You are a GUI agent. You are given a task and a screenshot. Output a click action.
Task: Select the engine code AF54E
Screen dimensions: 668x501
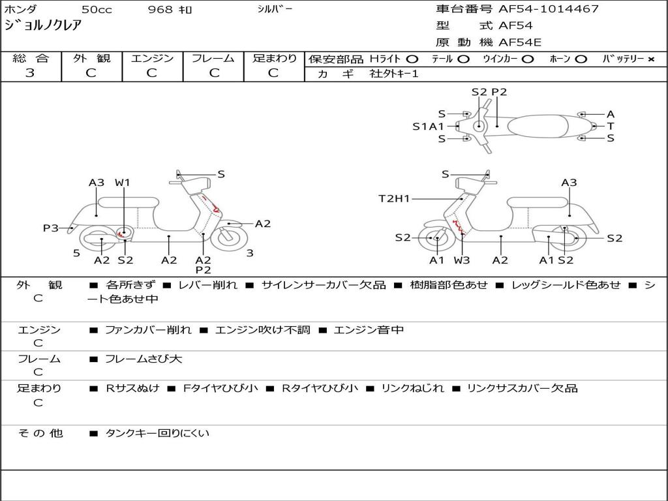coord(520,43)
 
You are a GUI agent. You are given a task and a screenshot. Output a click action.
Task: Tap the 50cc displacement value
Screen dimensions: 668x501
coord(96,10)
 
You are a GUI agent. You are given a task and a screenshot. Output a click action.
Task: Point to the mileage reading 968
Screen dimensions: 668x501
coord(160,10)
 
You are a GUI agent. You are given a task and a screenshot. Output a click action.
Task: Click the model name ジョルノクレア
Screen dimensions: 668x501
coord(42,26)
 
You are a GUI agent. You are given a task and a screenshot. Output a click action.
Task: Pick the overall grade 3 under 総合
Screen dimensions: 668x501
coord(30,73)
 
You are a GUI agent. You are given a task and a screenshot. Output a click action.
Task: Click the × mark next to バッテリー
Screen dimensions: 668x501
coord(650,59)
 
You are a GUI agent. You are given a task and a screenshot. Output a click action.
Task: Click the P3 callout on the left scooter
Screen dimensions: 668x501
coord(51,228)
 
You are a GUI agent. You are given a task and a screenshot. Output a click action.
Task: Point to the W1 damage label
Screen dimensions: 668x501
coord(123,183)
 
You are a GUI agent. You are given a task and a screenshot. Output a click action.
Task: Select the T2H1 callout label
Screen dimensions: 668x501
coord(394,198)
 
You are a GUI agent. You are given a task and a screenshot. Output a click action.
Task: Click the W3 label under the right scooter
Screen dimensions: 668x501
coord(462,260)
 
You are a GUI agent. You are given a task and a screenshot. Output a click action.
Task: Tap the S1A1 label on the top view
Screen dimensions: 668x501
coord(428,127)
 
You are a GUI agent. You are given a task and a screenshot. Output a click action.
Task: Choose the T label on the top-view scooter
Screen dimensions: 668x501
coord(611,126)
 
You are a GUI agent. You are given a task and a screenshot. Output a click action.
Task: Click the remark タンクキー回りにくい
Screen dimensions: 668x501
coord(157,433)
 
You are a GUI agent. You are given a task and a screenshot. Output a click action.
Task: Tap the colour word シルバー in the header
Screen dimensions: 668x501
coord(275,9)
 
